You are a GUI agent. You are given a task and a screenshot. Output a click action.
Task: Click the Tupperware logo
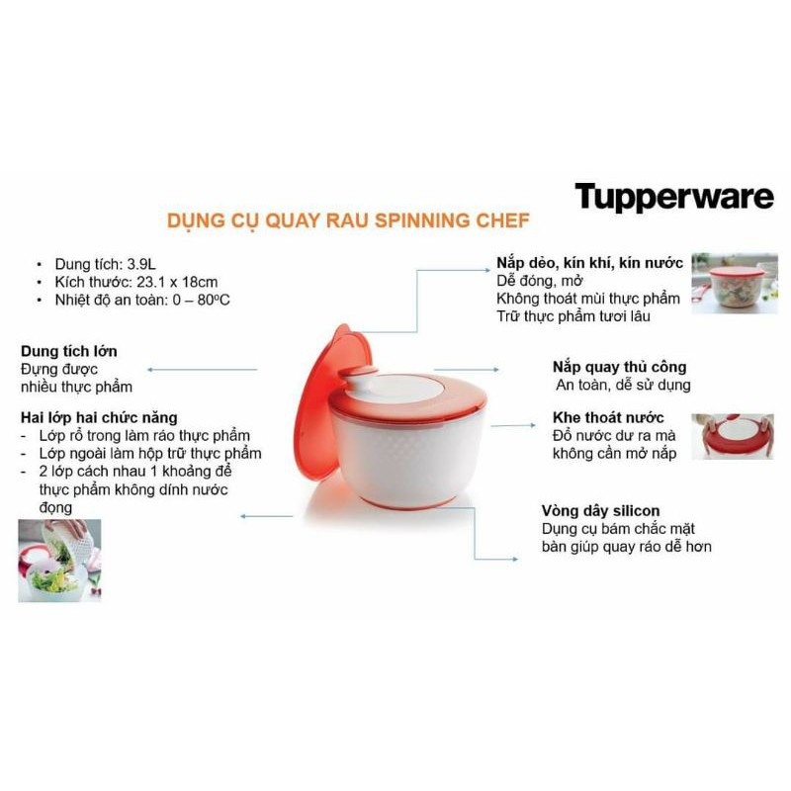coord(674,197)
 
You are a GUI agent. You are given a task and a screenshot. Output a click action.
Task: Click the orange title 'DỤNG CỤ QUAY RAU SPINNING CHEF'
coord(347,220)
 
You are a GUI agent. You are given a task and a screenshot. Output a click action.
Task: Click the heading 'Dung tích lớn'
coord(69,351)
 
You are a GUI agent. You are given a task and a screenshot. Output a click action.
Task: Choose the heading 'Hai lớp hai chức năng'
coord(98,418)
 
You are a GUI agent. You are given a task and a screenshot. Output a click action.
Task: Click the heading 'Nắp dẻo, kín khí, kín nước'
coord(589,262)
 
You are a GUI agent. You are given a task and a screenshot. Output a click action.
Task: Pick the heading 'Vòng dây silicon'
coord(600,511)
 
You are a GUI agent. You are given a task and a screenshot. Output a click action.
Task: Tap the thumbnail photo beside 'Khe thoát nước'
coord(732,436)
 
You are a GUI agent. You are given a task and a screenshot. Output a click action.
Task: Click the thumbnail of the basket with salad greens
coord(59,561)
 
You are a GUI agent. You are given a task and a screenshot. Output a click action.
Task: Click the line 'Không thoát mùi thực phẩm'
coord(589,298)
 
